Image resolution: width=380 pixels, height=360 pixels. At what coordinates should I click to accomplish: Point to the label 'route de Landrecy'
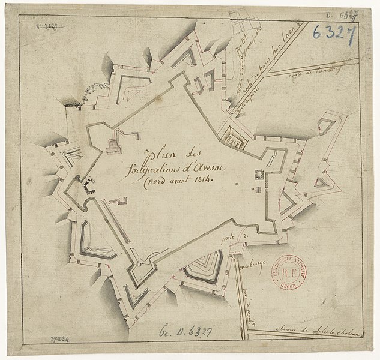pyautogui.click(x=318, y=72)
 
